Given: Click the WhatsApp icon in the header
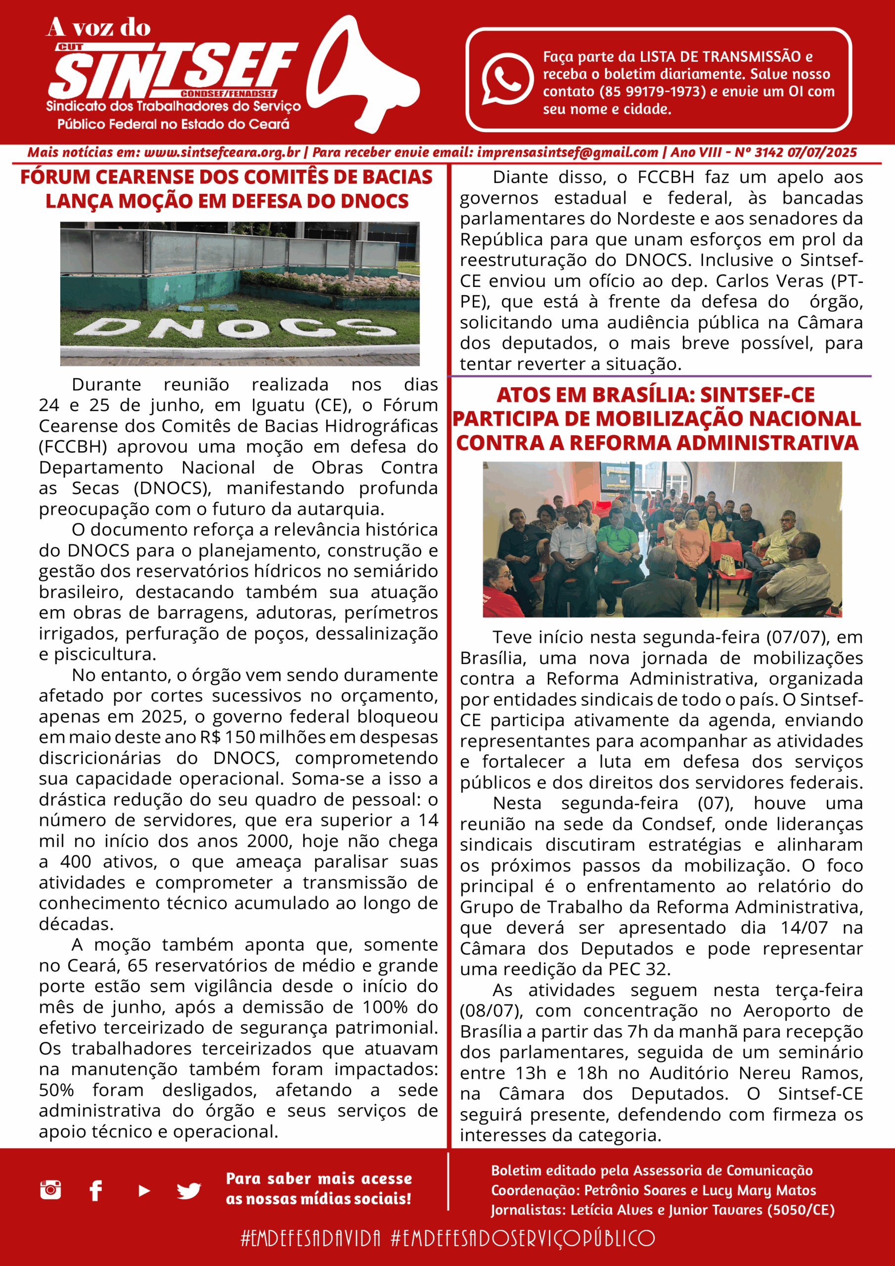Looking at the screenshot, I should point(507,78).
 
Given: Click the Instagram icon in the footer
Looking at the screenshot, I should point(51,1190).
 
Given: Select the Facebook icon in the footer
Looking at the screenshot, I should point(96,1191).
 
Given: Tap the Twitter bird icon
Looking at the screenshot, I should point(188,1191).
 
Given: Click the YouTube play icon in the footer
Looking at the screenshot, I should point(144,1191).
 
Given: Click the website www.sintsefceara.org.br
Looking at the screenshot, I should point(222,153).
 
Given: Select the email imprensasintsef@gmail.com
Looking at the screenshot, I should point(568,153).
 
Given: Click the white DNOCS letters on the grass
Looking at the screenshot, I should point(234,327).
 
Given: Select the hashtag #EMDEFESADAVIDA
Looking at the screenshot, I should point(311,1238).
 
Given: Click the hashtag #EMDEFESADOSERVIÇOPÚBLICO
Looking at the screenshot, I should point(523,1238).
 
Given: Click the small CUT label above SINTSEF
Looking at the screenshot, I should point(70,47).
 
